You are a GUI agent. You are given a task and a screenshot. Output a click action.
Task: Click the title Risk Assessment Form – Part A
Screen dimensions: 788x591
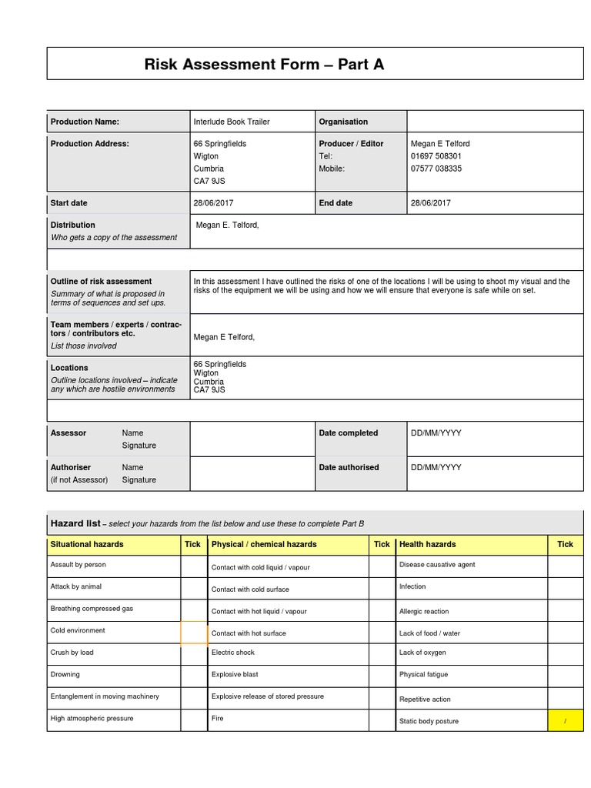tap(264, 65)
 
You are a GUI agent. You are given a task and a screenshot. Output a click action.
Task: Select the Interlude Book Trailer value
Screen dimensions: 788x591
tap(231, 122)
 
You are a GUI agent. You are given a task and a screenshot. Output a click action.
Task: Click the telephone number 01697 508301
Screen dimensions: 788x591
tap(436, 156)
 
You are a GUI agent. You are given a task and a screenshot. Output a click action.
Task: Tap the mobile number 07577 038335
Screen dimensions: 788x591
tap(436, 169)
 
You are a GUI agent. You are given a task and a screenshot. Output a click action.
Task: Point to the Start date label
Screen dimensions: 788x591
tap(68, 203)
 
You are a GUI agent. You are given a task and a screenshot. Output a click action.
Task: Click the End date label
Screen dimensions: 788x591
tap(336, 203)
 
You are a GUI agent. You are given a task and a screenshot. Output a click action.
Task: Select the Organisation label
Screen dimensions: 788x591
tap(343, 122)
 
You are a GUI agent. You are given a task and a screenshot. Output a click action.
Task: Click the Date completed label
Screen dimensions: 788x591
tap(348, 433)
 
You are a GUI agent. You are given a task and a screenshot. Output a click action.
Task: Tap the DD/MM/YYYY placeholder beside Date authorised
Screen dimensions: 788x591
tap(436, 467)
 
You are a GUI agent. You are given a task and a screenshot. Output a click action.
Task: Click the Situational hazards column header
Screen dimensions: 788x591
tap(86, 544)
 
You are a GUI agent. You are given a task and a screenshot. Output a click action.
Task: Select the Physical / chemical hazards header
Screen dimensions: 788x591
tap(264, 544)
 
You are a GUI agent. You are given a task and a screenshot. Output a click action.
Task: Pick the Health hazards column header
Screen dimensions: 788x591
tap(427, 544)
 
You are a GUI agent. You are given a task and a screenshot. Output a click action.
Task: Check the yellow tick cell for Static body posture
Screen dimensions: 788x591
tap(565, 721)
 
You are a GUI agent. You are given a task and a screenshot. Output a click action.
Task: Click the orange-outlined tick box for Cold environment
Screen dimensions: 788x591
tap(193, 633)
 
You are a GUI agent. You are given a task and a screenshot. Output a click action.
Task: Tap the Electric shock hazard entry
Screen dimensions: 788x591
tap(232, 653)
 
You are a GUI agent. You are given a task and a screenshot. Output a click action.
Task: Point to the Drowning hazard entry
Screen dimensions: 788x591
tap(65, 675)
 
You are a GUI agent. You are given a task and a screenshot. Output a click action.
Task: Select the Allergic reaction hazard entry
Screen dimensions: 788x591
tap(423, 612)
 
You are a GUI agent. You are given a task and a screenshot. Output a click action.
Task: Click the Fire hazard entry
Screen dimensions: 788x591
tap(217, 719)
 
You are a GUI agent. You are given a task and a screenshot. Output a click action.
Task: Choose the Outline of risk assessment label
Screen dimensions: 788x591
tap(101, 282)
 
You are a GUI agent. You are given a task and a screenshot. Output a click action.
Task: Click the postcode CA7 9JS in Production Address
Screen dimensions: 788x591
tap(209, 181)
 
